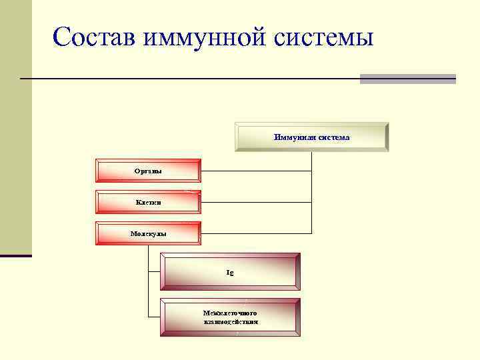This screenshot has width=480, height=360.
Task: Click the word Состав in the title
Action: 93,36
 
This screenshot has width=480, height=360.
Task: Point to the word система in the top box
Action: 333,137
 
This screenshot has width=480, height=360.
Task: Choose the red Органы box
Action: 148,171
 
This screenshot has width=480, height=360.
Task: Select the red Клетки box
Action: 148,202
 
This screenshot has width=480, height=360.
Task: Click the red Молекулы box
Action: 148,233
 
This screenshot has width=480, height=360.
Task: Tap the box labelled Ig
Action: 230,272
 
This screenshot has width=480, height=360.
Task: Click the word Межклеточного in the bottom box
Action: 230,313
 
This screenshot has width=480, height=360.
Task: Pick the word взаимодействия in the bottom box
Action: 231,322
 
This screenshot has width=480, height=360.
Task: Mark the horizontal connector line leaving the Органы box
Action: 256,171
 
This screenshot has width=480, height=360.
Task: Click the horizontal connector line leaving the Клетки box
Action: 256,202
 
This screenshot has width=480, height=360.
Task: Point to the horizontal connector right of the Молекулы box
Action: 256,233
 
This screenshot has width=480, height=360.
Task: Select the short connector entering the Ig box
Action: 153,272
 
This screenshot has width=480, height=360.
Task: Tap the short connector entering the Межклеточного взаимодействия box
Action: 153,317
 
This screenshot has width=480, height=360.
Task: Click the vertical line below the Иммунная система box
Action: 311,193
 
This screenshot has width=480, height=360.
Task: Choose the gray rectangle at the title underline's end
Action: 407,79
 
